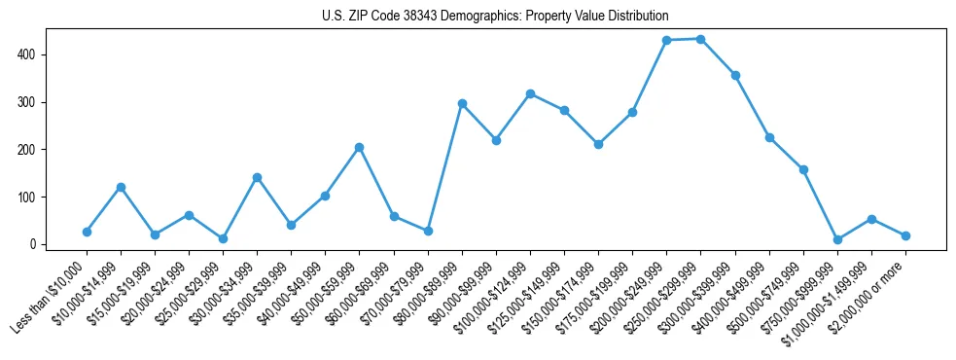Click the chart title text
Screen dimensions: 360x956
(495, 17)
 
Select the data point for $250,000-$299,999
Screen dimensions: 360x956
(701, 39)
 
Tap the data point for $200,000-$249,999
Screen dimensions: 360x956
(667, 40)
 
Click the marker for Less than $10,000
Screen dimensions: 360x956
(87, 232)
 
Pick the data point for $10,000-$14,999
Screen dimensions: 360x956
(121, 187)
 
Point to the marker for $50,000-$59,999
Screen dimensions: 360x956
(360, 147)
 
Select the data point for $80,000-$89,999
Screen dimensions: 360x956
(462, 103)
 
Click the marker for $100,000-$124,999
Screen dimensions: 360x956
(530, 93)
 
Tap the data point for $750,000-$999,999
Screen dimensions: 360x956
(837, 239)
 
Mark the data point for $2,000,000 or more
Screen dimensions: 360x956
(905, 235)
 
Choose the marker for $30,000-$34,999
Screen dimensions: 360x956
(257, 177)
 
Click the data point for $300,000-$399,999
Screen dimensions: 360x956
(735, 75)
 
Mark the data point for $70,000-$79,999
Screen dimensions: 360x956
(428, 231)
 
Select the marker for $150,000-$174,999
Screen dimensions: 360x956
(598, 144)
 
